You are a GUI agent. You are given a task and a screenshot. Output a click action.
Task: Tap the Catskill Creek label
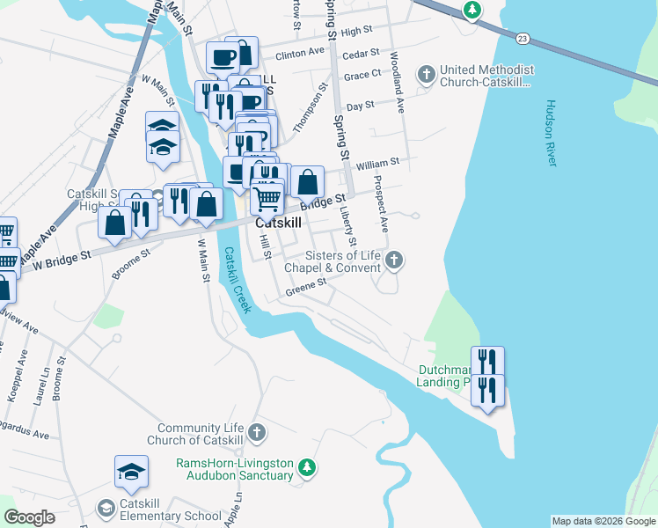237,280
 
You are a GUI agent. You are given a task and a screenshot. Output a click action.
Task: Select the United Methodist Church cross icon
427,74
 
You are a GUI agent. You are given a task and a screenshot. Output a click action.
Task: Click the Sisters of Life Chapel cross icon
395,260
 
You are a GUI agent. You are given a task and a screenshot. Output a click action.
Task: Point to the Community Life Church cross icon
256,432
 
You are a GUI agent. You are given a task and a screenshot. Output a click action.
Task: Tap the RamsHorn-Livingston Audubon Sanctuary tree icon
306,466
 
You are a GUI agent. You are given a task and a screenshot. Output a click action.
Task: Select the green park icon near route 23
473,10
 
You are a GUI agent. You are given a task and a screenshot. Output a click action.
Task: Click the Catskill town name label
278,224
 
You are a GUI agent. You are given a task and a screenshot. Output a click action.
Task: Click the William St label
378,163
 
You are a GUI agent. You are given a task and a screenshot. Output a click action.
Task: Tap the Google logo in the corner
29,517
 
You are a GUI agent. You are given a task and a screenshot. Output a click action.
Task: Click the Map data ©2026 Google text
603,521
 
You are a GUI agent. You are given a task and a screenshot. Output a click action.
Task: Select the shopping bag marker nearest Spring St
307,183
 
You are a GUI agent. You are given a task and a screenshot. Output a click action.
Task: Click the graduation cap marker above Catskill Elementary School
131,473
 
